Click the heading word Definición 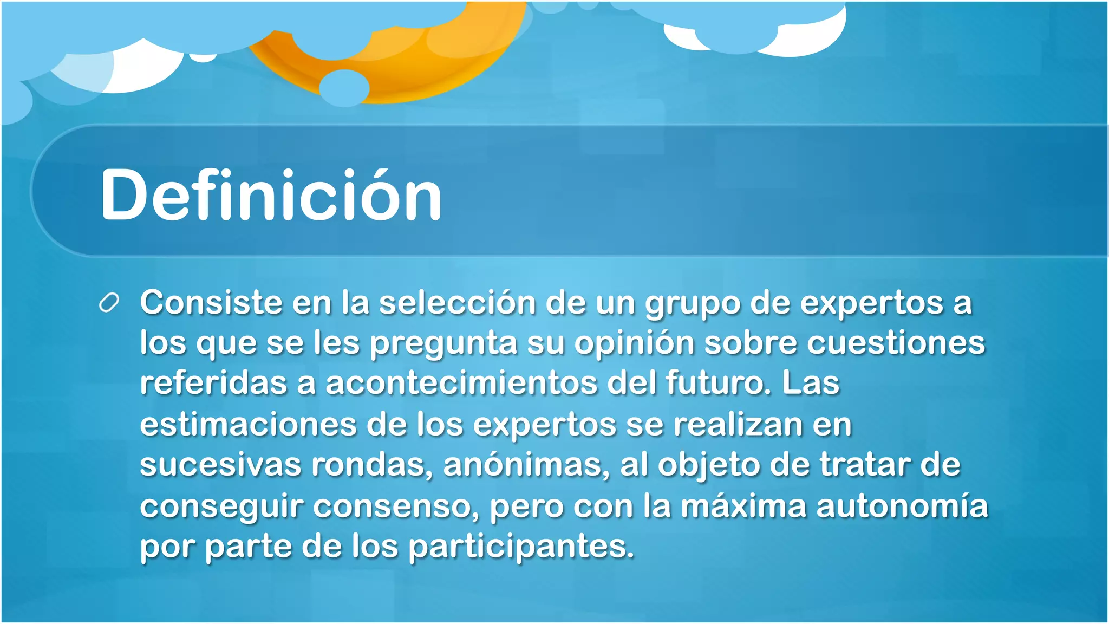tap(271, 195)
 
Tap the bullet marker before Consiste tap(109, 303)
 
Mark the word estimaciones tap(248, 424)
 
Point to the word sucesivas tap(220, 465)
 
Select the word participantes tap(520, 547)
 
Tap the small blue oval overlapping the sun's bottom tap(344, 87)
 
